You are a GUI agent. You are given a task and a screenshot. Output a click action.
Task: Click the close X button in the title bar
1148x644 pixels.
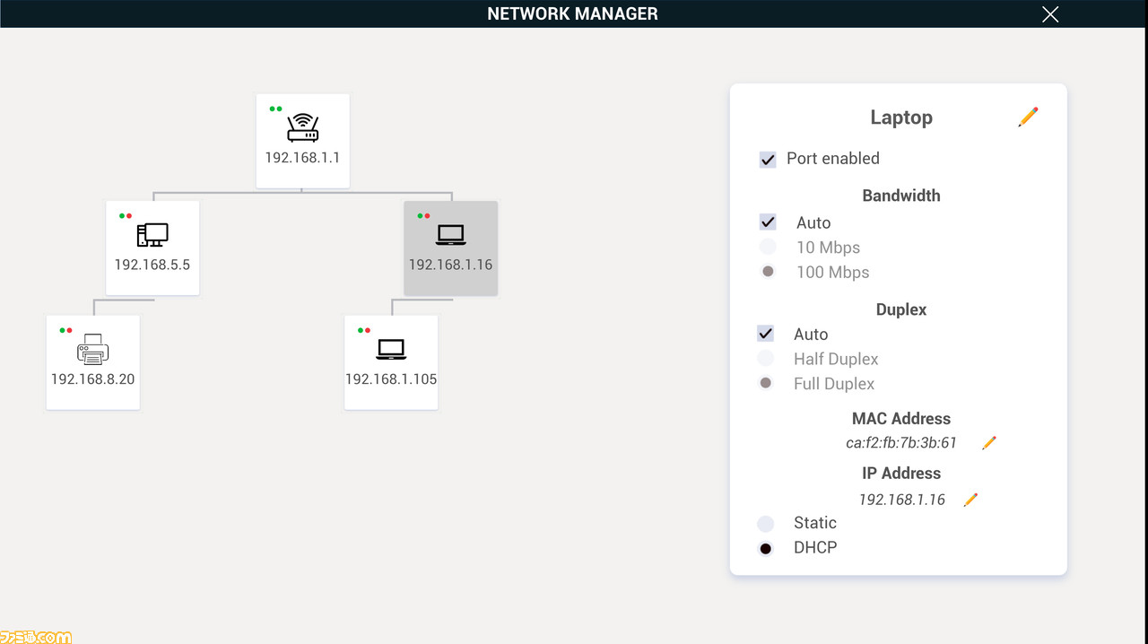[1050, 14]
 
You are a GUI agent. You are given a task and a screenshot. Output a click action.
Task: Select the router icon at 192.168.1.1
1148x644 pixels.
[303, 127]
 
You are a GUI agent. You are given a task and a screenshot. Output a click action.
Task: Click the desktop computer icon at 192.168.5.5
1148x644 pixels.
[152, 235]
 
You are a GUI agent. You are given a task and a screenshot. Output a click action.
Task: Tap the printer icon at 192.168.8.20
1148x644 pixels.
[92, 349]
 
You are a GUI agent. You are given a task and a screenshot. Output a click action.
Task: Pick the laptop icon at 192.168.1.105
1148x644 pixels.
[391, 349]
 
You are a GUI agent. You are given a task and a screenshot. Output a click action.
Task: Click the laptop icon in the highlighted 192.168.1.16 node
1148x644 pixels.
[450, 235]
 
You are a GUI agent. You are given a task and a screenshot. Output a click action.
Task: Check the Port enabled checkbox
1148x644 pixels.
[767, 160]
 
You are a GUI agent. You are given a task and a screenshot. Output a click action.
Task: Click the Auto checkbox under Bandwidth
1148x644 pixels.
[767, 222]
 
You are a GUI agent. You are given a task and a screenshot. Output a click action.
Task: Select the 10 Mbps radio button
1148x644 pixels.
[767, 248]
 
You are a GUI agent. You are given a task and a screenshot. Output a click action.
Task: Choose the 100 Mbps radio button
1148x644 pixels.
[767, 271]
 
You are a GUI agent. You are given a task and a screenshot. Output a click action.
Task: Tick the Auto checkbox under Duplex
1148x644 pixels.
[766, 334]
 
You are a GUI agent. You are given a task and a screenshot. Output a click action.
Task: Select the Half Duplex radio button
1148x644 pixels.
[766, 359]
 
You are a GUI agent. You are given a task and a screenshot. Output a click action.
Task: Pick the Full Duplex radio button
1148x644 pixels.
[766, 383]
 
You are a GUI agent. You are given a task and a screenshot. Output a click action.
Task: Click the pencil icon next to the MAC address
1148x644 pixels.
[988, 443]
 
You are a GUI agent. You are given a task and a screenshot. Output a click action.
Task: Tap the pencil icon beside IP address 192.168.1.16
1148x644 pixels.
[970, 500]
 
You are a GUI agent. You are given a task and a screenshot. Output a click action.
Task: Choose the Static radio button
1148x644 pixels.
[766, 524]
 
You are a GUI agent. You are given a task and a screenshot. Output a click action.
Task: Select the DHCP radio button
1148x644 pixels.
[766, 549]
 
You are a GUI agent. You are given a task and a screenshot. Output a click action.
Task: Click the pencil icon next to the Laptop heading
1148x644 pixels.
[1028, 117]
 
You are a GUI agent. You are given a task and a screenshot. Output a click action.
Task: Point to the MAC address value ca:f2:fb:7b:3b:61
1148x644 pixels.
[901, 442]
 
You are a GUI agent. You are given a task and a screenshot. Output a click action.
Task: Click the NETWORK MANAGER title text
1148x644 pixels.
[572, 13]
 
